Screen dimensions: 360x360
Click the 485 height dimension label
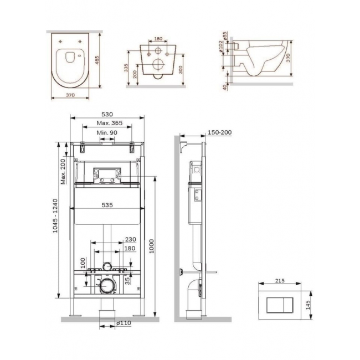[x=97, y=60]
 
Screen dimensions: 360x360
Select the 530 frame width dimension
[x=107, y=114]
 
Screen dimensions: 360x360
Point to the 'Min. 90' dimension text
[x=107, y=133]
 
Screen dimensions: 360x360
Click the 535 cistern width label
[x=107, y=205]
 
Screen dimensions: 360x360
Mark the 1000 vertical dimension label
[x=152, y=246]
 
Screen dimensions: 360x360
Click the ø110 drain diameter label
[x=124, y=323]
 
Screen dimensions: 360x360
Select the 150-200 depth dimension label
[x=219, y=132]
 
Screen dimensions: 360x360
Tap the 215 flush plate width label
[x=280, y=281]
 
